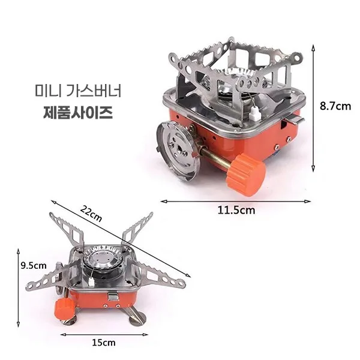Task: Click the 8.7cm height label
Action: (335, 106)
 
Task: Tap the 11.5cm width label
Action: (236, 211)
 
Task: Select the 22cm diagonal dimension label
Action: (91, 214)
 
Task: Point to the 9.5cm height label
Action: (34, 266)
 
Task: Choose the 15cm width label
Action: (104, 343)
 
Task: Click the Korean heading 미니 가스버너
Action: (78, 91)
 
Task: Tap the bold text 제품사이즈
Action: (78, 113)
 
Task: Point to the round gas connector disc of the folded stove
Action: (177, 151)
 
